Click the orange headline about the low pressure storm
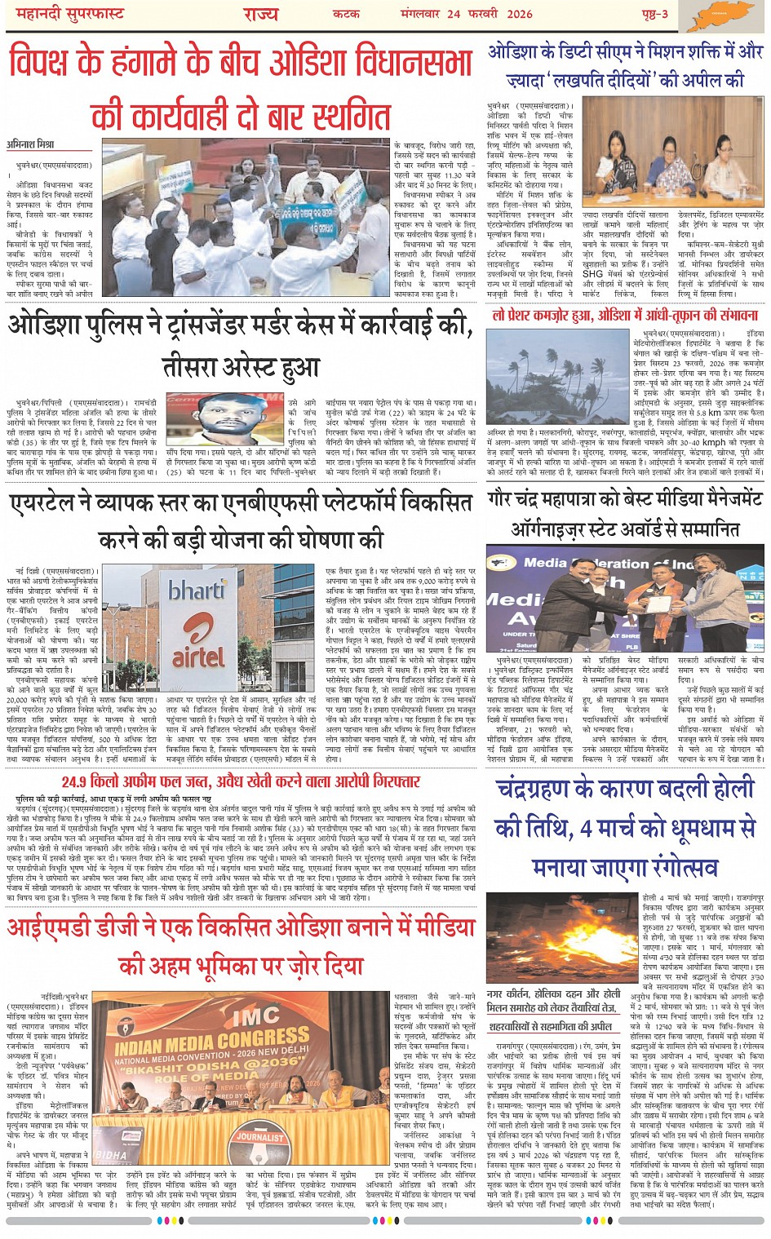tap(625, 315)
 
